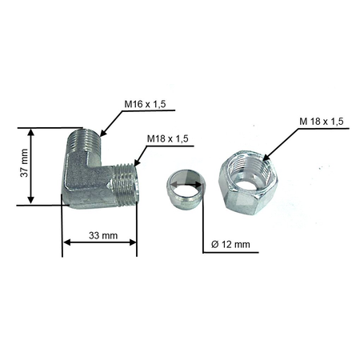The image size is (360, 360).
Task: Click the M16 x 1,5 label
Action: tap(145, 104)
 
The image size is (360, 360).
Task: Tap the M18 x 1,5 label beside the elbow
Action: tap(168, 138)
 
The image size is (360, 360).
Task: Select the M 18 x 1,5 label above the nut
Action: tap(322, 122)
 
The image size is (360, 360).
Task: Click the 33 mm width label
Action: tap(103, 236)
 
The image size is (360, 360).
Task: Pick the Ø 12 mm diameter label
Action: tap(230, 244)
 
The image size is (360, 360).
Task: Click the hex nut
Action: tap(248, 182)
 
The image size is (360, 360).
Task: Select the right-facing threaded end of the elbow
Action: tap(126, 184)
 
